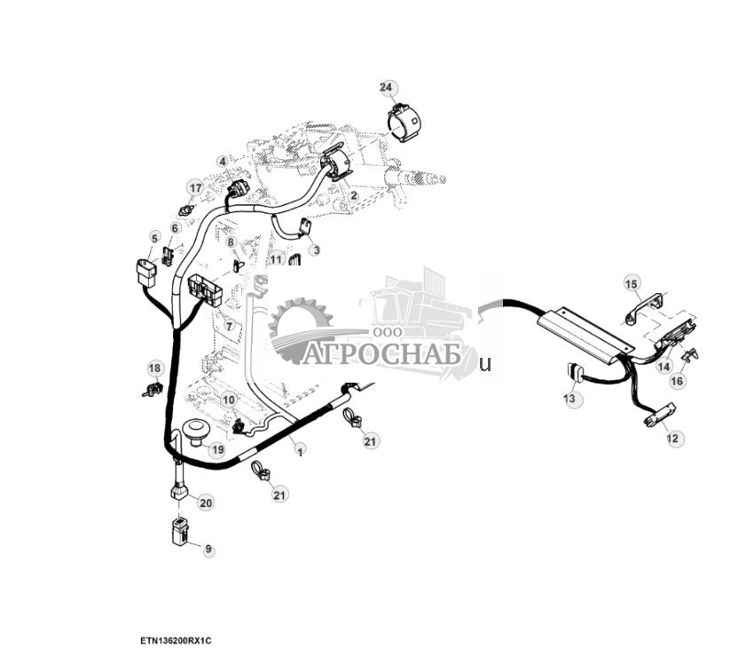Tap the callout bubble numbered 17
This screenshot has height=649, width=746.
coord(194,186)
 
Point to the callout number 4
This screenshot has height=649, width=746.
coord(223,162)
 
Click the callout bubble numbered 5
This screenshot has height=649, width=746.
coord(154,238)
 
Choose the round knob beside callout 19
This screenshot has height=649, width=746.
coord(195,432)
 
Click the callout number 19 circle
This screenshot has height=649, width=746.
coord(216,449)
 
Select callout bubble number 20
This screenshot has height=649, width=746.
coord(205,503)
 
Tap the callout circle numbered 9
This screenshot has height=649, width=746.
coord(208,550)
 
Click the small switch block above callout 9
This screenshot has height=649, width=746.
coord(181,529)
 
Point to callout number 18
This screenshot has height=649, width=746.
coord(154,368)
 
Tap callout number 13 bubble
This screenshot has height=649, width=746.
coord(569,400)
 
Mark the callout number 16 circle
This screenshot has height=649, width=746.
coord(677,381)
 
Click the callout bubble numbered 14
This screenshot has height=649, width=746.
coord(664,365)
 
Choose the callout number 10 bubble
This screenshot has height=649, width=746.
coord(229,400)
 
